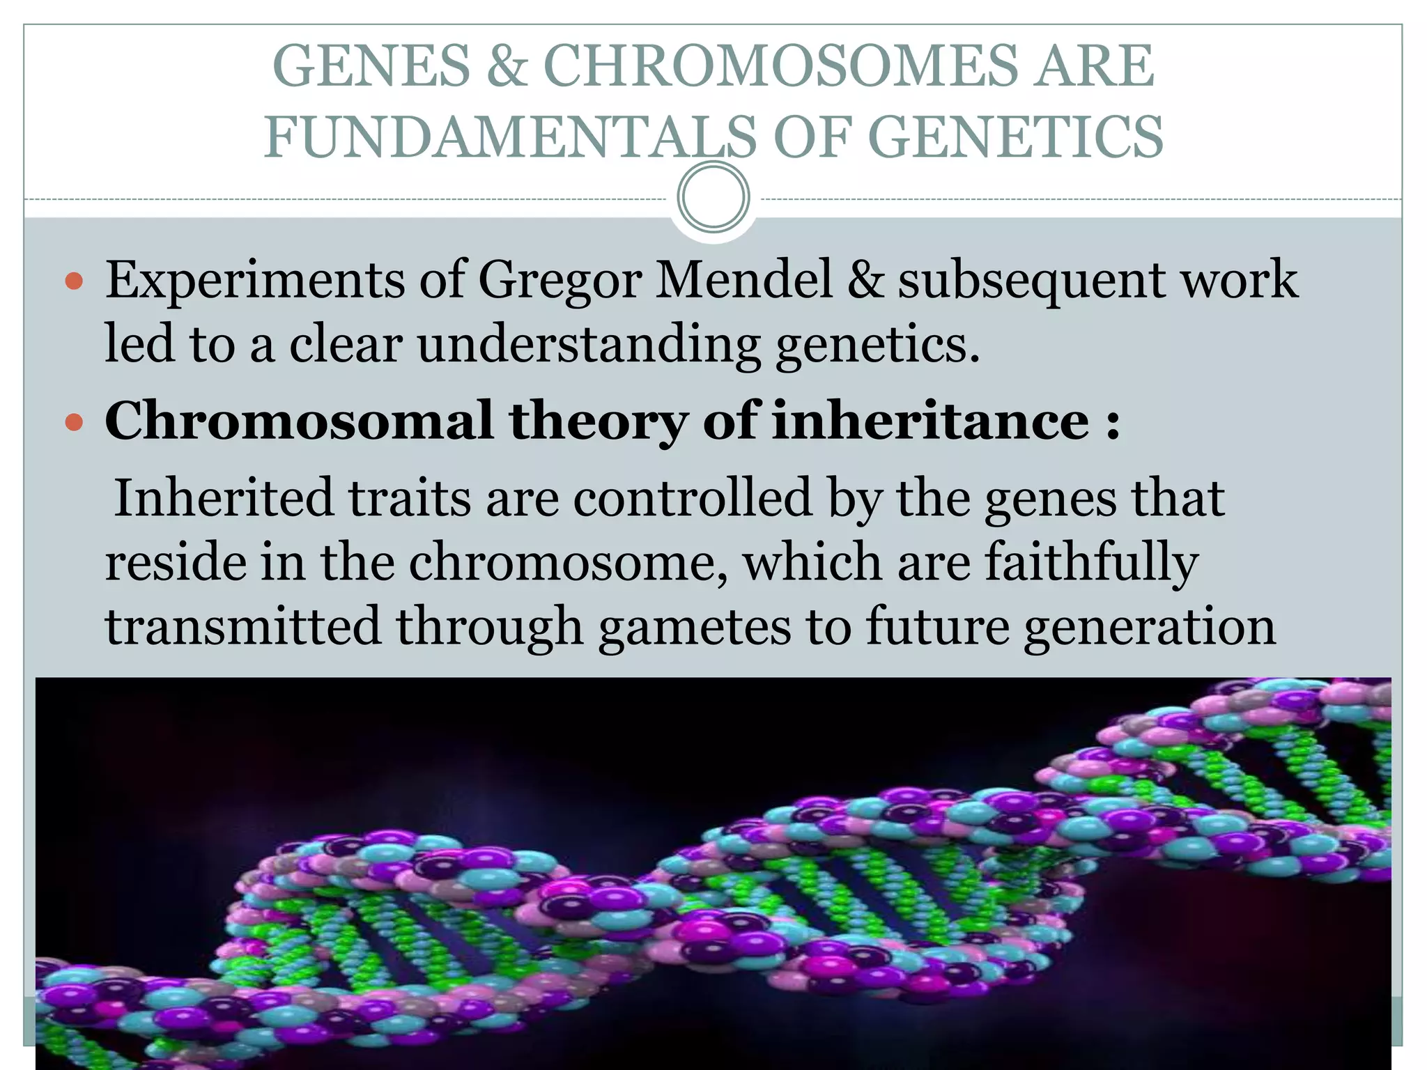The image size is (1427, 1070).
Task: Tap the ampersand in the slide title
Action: point(507,65)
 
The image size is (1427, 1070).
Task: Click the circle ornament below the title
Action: point(713,197)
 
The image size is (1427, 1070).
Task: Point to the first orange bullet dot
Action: point(74,282)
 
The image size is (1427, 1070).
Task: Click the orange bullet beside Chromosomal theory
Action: point(74,422)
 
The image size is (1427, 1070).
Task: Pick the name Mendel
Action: point(744,279)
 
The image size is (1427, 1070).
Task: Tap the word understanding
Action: point(589,345)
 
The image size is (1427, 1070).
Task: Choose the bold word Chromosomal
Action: point(298,420)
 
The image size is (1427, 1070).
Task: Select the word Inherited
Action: point(224,497)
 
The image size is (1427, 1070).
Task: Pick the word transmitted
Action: point(242,626)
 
